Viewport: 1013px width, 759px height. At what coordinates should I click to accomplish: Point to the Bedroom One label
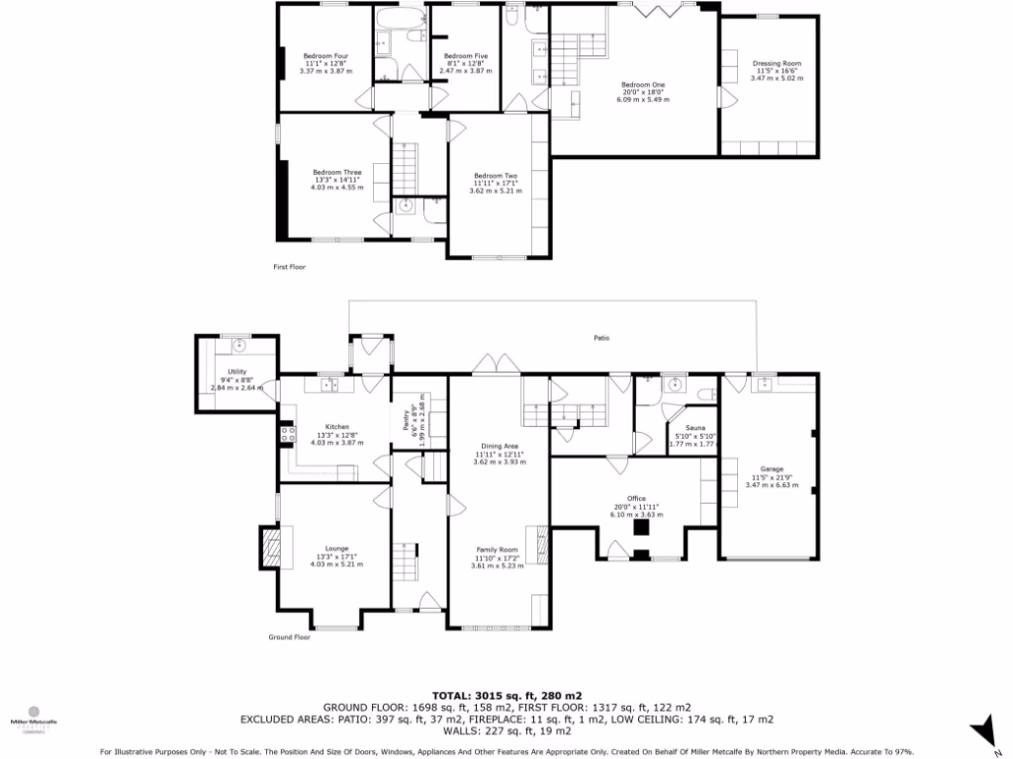(642, 85)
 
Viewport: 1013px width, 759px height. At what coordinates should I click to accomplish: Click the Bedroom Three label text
(336, 172)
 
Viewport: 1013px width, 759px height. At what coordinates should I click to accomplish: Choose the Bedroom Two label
(495, 175)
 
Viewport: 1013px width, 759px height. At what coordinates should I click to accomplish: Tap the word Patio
(600, 338)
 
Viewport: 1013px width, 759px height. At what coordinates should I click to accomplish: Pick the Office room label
(635, 498)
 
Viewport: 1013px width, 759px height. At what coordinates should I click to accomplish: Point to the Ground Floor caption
(289, 637)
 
